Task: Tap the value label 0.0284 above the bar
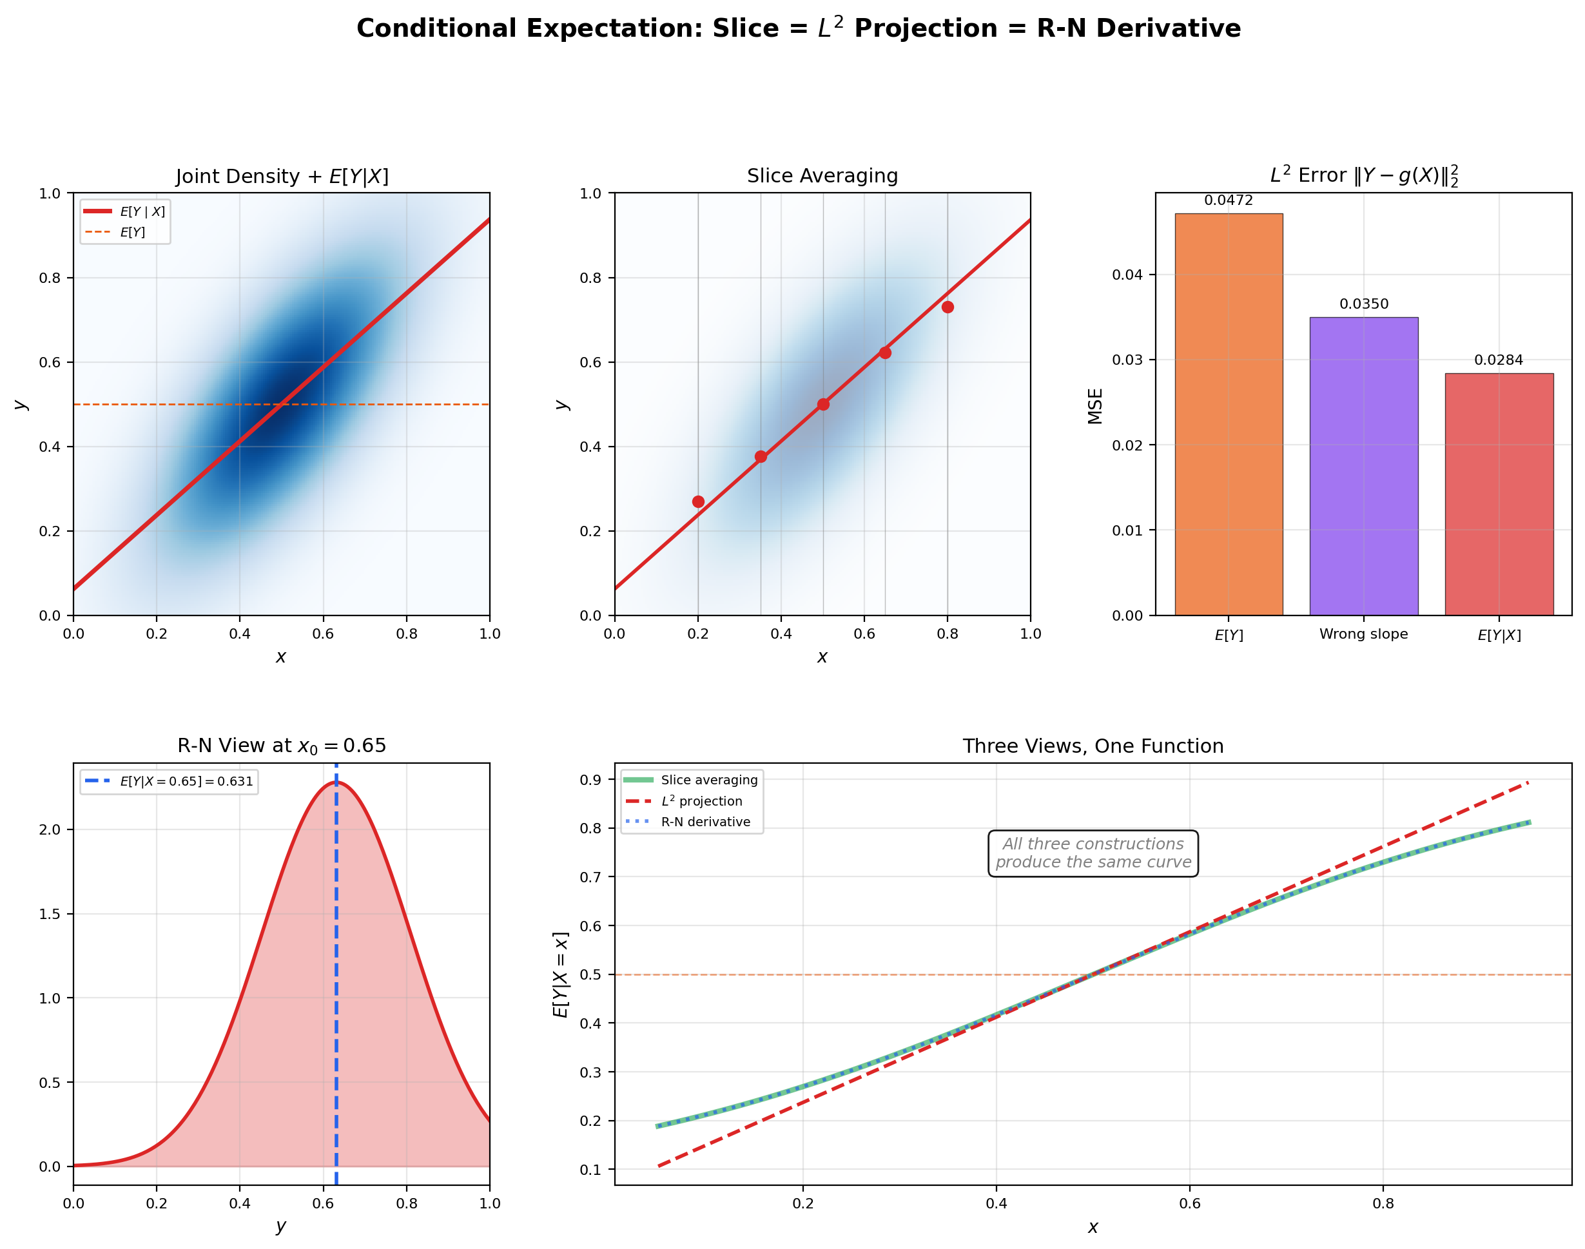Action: coord(1498,360)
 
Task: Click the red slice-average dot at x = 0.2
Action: coord(698,501)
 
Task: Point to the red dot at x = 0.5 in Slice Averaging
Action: coord(823,404)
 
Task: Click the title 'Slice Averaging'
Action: coord(822,175)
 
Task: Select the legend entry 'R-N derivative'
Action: coord(705,822)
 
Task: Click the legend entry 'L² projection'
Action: coord(701,802)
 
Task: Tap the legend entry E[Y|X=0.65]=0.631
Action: coord(186,781)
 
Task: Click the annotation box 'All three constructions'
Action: coord(1093,853)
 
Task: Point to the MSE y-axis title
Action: coord(1095,406)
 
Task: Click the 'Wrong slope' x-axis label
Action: coord(1363,634)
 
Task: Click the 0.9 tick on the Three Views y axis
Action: coord(591,780)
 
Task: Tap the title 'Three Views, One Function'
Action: coord(1093,746)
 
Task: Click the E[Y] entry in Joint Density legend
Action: coord(132,233)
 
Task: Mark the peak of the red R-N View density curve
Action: coord(338,782)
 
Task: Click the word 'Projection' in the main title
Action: coord(925,28)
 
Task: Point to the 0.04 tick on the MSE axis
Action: coord(1127,275)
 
